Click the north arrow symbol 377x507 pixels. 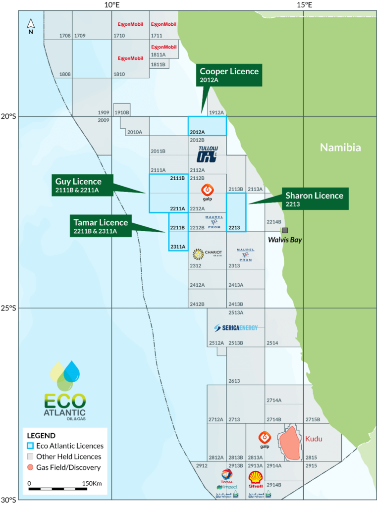31,25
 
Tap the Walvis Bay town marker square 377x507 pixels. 285,230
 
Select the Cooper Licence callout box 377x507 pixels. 229,75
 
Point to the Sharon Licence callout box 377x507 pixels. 314,199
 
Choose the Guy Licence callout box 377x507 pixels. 83,185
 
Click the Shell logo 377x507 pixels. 256,479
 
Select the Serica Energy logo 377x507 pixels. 236,328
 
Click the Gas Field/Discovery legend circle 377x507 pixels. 31,467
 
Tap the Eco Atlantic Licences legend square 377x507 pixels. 31,446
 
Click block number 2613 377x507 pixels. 234,381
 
